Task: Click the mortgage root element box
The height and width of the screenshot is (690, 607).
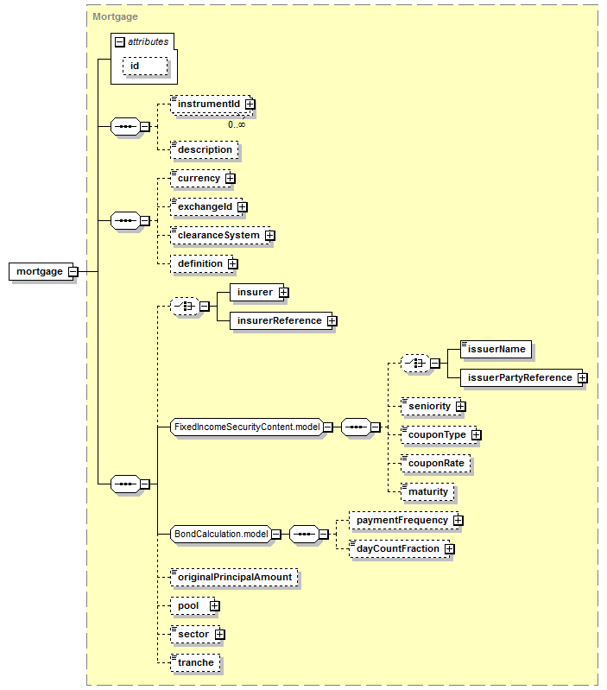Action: (x=39, y=271)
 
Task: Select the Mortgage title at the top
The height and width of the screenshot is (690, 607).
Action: (x=115, y=16)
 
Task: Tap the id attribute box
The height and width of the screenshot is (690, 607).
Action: (x=136, y=65)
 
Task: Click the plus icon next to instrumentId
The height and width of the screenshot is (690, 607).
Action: (x=250, y=104)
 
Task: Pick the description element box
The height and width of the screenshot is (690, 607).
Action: (x=205, y=149)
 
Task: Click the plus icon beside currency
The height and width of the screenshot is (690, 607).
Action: (x=230, y=178)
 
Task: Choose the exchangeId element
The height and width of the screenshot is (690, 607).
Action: (x=204, y=207)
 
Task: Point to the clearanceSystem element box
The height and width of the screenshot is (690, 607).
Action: (x=218, y=235)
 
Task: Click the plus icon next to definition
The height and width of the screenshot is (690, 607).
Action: (x=232, y=263)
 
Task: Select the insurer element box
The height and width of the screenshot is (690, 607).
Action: (x=255, y=292)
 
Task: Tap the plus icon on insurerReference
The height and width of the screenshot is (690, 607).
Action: (x=332, y=320)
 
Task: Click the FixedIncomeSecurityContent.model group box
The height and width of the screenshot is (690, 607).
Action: (x=247, y=427)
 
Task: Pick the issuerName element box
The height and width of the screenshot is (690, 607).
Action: (x=496, y=349)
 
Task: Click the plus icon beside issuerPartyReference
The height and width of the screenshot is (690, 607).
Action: (x=583, y=377)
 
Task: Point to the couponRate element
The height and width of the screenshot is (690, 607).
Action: (x=436, y=463)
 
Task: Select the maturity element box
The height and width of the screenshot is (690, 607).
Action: (x=428, y=491)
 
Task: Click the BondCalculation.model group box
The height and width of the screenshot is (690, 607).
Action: (x=221, y=534)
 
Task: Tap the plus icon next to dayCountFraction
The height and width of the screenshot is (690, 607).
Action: (x=449, y=548)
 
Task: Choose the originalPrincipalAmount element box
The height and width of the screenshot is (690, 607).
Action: (x=234, y=577)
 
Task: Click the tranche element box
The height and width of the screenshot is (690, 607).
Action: (x=195, y=662)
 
